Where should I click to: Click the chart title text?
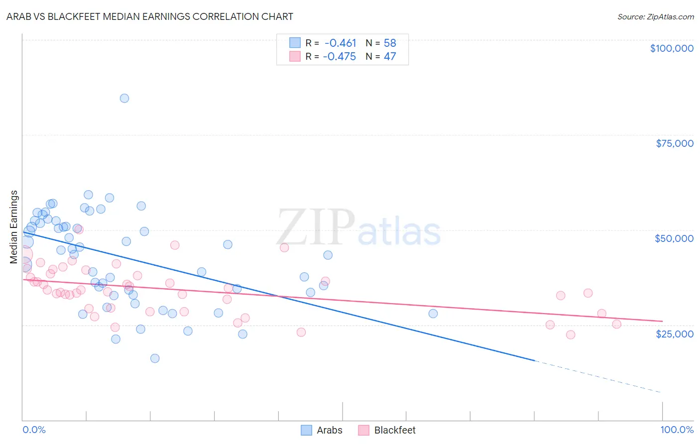coord(150,16)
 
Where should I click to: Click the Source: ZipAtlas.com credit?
coord(655,16)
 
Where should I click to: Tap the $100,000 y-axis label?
coord(672,48)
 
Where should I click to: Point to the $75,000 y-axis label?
coord(675,143)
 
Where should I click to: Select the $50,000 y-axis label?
coord(674,238)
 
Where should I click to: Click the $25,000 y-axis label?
coord(675,333)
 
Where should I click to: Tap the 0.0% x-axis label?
coord(34,430)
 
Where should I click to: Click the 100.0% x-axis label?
coord(677,430)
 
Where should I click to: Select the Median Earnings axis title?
coord(14,226)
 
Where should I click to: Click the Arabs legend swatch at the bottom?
coord(307,430)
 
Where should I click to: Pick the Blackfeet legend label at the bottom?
coord(395,430)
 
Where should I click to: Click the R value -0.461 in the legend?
coord(340,43)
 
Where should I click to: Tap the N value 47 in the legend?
coord(390,56)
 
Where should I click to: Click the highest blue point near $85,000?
coord(124,98)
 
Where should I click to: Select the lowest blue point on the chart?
coord(155,358)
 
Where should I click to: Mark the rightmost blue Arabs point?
coord(433,314)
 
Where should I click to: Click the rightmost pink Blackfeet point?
coord(617,324)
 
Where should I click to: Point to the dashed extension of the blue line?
coord(597,376)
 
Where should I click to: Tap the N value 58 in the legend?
coord(390,43)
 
